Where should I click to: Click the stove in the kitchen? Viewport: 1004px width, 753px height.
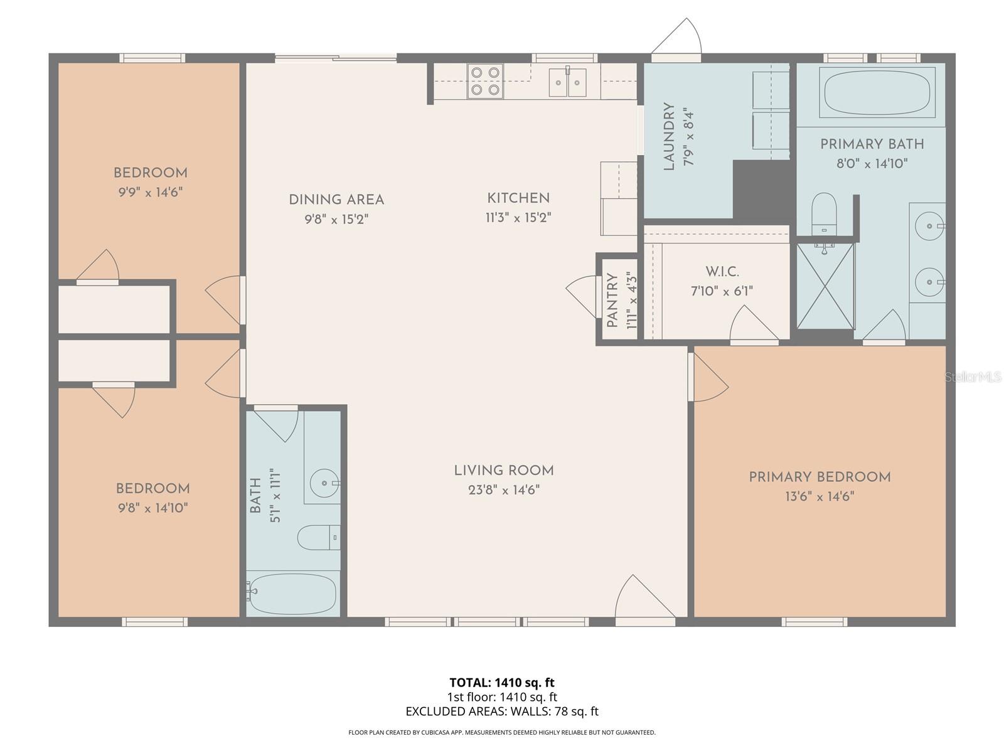point(485,82)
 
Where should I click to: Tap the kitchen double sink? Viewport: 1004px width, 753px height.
point(567,82)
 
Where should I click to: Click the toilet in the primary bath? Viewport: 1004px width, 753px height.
point(824,212)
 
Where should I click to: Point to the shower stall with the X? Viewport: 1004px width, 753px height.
point(825,286)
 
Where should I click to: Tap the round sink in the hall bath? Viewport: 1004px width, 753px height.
point(324,483)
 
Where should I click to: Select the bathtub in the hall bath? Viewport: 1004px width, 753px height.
point(292,594)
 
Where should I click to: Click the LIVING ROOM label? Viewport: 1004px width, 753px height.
point(504,471)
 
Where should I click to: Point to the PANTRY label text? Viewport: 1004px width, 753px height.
point(612,301)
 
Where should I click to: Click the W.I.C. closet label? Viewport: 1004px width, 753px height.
point(722,272)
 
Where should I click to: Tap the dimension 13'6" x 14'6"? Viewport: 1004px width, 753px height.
point(820,496)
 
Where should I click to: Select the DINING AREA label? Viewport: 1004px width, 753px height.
point(336,200)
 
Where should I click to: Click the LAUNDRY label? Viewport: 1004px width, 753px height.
point(669,137)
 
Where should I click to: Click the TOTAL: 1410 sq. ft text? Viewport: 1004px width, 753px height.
point(502,682)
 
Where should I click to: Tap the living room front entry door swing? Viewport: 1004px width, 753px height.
point(640,599)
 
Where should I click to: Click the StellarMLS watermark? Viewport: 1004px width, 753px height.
point(973,376)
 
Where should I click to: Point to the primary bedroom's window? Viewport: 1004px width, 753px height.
point(814,622)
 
